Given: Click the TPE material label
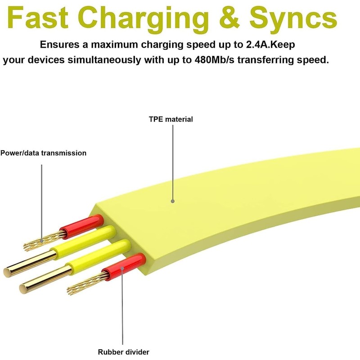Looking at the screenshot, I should tap(171, 119).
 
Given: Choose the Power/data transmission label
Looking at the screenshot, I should tap(43, 153).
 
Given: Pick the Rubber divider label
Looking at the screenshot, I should tap(123, 352).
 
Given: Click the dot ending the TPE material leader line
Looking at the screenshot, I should tap(172, 202).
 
